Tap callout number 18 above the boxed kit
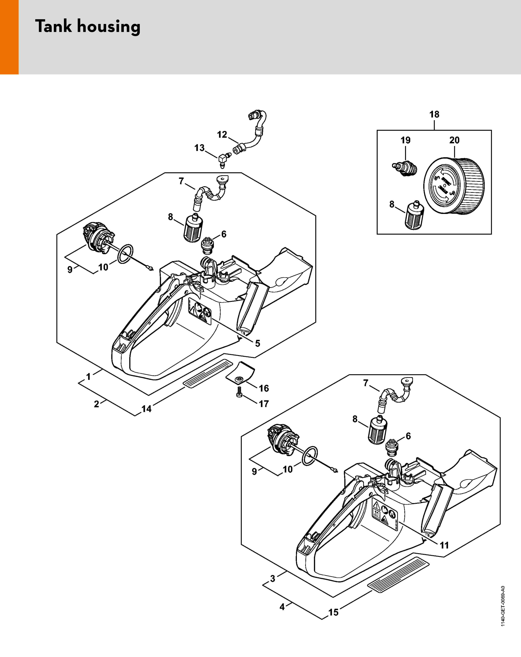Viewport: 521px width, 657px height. coord(434,115)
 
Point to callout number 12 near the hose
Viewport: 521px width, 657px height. coord(222,134)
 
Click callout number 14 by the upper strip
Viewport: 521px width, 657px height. coord(146,409)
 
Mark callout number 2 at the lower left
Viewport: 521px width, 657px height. coord(96,404)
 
